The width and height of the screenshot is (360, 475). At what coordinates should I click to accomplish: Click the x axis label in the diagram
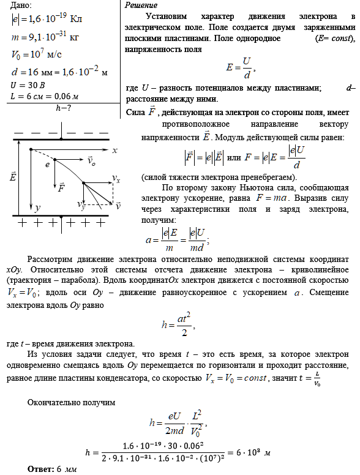pos(114,150)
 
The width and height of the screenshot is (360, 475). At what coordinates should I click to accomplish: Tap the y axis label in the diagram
pos(37,208)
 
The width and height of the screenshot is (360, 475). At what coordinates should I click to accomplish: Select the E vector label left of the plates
pos(13,178)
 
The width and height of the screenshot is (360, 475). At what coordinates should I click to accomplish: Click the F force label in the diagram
pos(61,189)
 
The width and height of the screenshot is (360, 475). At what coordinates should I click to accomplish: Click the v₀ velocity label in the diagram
pos(91,163)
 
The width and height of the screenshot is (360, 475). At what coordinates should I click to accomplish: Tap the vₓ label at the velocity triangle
pos(116,177)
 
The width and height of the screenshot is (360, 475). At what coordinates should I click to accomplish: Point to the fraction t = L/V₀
pos(310,380)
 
